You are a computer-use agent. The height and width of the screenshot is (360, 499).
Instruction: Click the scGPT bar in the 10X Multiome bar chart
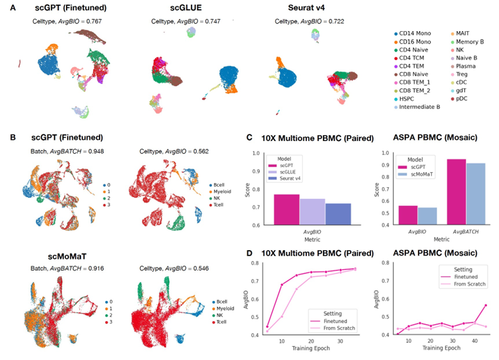(286, 209)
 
